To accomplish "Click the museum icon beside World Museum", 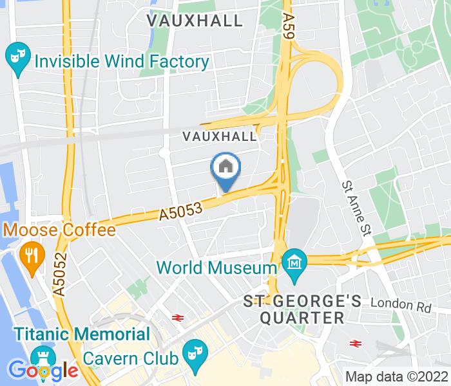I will click(x=294, y=264).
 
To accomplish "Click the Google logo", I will click(x=43, y=371).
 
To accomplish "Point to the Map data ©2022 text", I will click(x=396, y=376).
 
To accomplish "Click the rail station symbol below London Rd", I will click(x=354, y=343).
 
